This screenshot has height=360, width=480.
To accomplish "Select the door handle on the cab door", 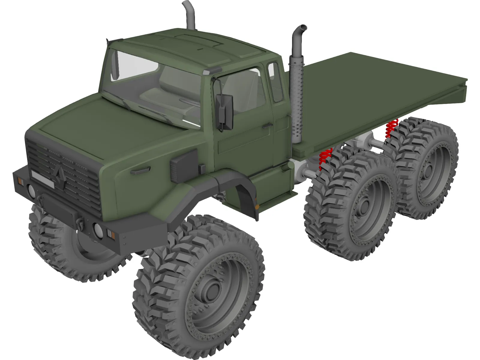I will (267, 125).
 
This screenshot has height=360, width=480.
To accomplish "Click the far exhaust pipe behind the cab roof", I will (189, 15).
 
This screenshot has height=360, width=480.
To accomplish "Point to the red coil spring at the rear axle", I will (391, 128).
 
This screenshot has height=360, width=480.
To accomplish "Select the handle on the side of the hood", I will (140, 171).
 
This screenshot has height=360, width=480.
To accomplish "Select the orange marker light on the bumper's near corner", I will (111, 234).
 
